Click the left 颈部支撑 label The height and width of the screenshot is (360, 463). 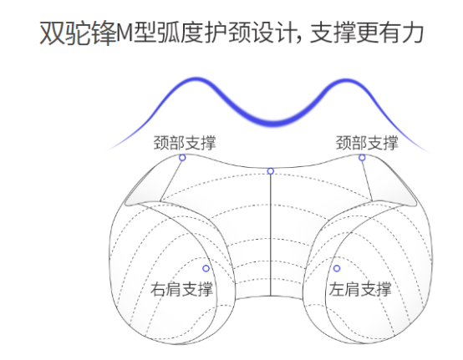click(185, 143)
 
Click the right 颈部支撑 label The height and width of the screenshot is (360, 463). click(367, 143)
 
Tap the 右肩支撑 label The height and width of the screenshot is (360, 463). click(181, 289)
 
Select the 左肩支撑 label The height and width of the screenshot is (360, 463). click(360, 289)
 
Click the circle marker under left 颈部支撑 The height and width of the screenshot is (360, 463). click(182, 158)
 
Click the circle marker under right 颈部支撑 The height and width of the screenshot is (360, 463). click(362, 158)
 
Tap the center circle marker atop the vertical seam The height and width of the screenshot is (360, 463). click(271, 171)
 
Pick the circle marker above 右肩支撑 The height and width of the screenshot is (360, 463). click(206, 268)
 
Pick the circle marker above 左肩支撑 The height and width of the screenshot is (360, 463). click(337, 268)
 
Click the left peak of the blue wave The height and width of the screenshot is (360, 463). click(196, 79)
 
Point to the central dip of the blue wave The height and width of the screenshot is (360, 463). click(273, 122)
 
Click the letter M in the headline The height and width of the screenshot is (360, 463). click(125, 33)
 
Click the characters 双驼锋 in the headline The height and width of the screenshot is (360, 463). click(79, 33)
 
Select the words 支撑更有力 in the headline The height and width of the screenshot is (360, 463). click(367, 33)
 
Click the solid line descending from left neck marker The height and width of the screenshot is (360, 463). click(170, 181)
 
